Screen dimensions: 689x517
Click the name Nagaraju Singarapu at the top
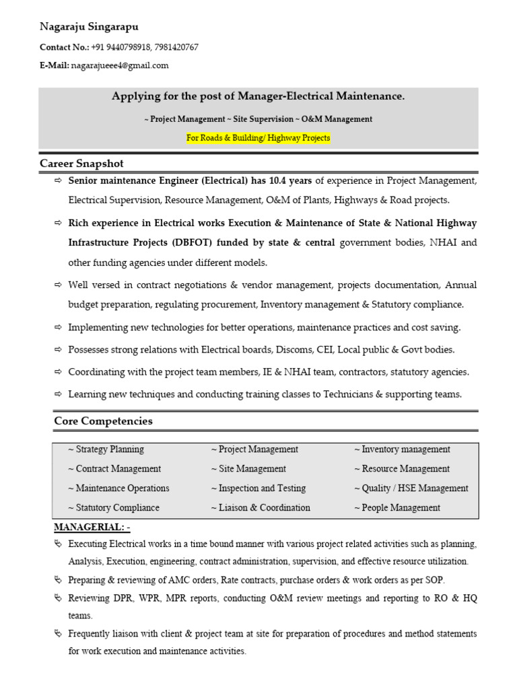[90, 27]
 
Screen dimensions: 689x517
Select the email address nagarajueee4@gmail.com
[120, 65]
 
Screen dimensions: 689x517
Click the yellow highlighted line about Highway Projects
[258, 138]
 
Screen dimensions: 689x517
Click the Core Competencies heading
[103, 421]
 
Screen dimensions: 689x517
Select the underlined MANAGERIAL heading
[92, 527]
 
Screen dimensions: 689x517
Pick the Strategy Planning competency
[106, 449]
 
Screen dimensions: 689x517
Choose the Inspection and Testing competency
[258, 488]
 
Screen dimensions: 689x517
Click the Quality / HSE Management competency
[411, 488]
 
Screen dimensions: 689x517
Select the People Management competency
[397, 508]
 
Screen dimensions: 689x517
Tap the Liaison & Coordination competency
[261, 508]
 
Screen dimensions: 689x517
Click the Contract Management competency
[114, 469]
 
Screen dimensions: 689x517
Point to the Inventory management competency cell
[403, 449]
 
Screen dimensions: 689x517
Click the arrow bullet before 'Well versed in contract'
[58, 285]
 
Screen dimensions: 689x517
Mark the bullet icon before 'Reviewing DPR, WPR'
[58, 598]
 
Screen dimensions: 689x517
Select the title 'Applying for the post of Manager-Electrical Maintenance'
[258, 97]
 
